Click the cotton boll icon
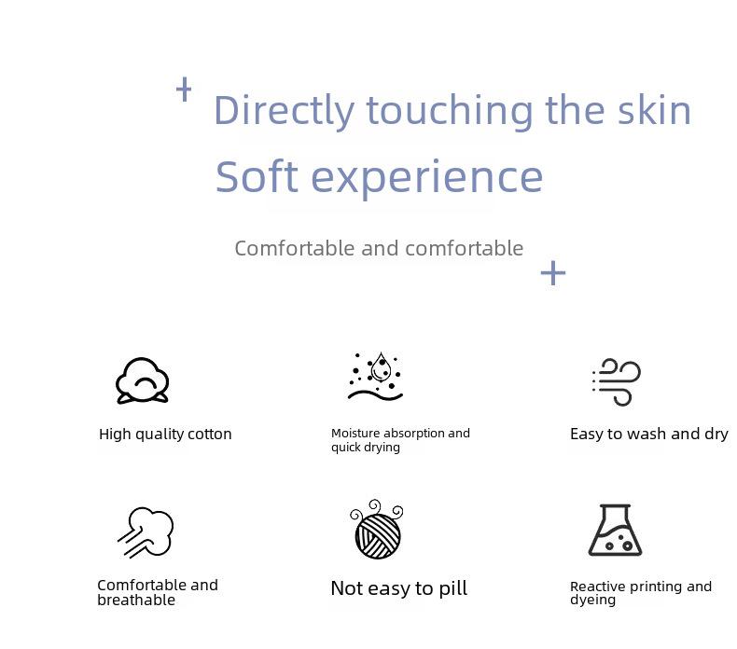142,380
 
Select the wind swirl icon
617,381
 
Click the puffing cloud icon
146,532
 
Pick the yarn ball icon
377,529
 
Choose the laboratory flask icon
615,530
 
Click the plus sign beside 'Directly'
184,90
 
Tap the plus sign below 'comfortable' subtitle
553,273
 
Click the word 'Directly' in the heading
284,111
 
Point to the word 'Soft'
257,176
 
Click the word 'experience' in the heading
427,180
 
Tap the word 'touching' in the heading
450,111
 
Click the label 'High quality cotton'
165,435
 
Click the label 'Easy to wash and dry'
649,435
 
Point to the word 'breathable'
136,601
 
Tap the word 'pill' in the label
453,588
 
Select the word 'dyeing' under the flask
592,601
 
